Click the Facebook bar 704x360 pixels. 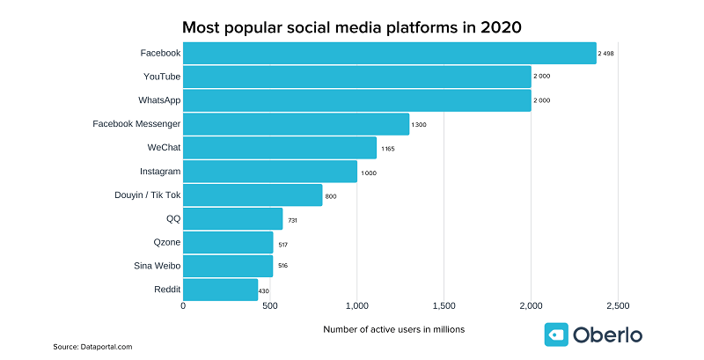389,53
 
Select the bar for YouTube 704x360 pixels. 356,77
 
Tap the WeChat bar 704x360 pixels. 279,147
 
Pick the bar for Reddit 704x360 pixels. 220,290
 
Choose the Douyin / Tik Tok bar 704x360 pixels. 253,195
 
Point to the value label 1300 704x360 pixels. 418,125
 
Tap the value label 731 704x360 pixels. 292,219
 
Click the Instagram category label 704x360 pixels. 159,171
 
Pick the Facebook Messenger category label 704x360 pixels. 136,123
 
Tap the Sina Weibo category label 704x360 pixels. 156,265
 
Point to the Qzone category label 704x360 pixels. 166,241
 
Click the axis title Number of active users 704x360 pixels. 393,329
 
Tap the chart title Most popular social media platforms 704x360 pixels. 352,26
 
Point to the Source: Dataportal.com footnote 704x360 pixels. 92,347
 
